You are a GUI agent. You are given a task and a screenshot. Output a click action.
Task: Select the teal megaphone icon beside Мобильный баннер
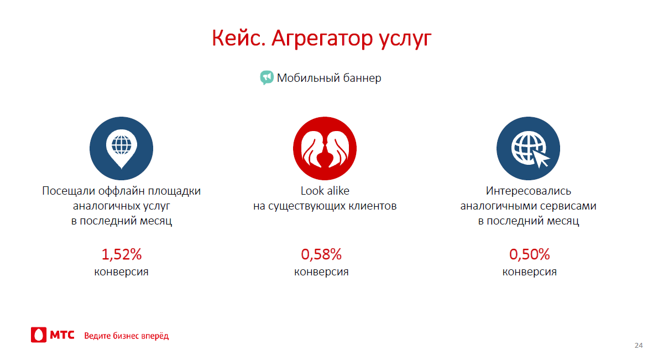[267, 77]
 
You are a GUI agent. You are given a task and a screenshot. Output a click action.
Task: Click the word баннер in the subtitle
[361, 78]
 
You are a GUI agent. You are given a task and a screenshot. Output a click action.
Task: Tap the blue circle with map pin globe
[121, 148]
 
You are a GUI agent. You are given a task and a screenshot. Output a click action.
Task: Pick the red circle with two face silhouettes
[325, 148]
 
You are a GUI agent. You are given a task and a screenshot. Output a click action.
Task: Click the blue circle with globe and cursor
[528, 148]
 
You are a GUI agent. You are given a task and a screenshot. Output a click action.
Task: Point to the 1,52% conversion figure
[122, 254]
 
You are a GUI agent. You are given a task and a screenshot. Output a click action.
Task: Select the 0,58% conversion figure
[321, 254]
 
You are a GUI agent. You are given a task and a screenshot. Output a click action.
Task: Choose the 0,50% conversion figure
[529, 254]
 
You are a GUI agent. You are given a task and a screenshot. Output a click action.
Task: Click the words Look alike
[325, 191]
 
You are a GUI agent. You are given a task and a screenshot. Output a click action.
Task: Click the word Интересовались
[529, 191]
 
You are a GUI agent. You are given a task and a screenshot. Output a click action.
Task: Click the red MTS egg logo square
[38, 335]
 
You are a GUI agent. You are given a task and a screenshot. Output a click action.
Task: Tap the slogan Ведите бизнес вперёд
[127, 336]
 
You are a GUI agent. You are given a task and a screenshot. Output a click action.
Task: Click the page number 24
[639, 346]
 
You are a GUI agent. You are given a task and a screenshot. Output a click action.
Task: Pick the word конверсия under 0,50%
[529, 272]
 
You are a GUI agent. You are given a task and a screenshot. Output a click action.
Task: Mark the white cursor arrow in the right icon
[541, 158]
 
